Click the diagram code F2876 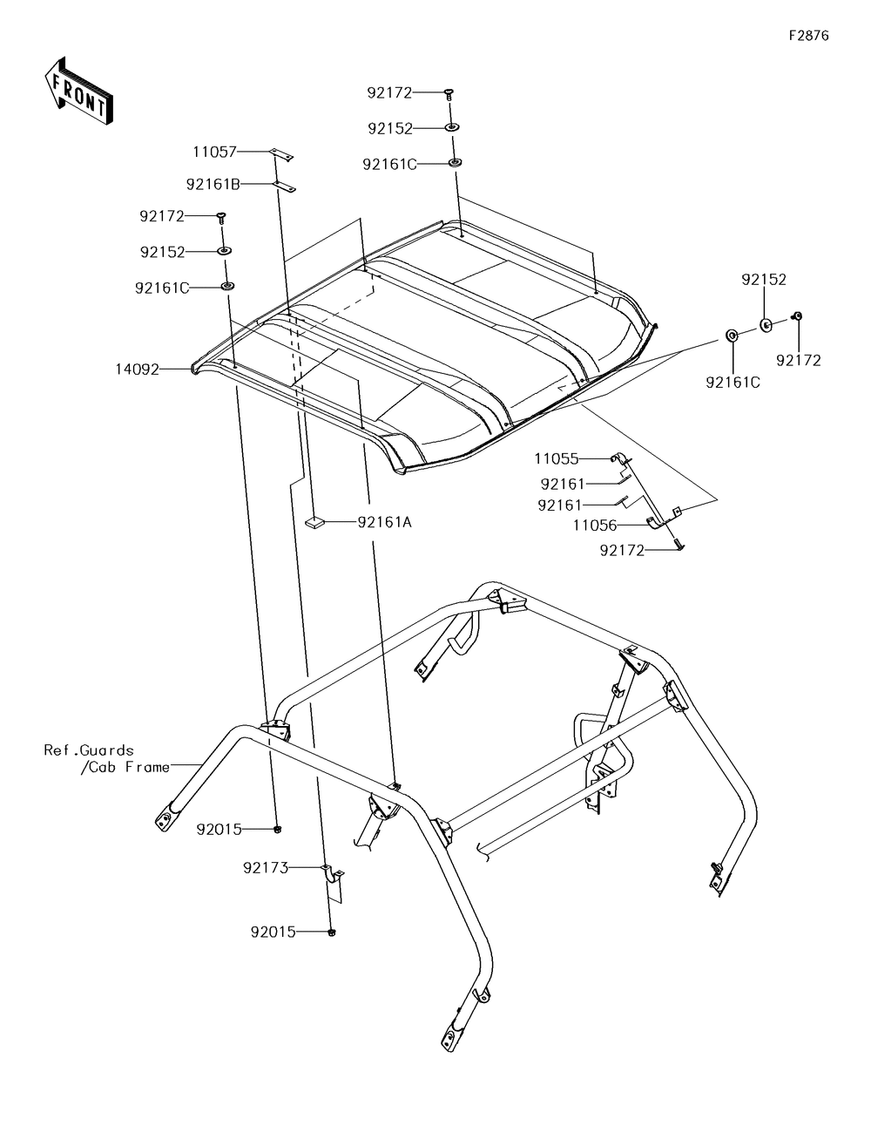(808, 37)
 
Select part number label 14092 (138, 370)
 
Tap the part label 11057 (214, 152)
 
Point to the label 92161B (213, 184)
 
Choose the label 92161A (384, 522)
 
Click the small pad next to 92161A (314, 522)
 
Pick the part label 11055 (557, 458)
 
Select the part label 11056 (594, 526)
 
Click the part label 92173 (266, 867)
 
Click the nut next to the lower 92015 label (333, 933)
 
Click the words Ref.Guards (89, 750)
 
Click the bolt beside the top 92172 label (449, 92)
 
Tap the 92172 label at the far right (799, 360)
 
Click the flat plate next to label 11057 (280, 154)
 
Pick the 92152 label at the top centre (390, 128)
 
